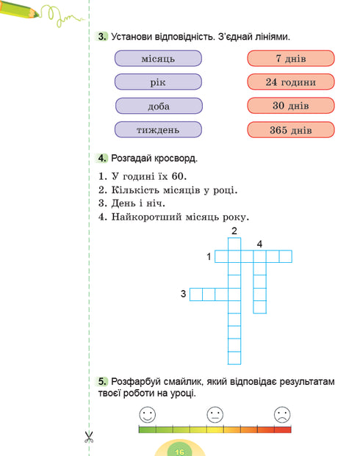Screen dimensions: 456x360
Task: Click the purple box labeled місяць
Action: point(159,58)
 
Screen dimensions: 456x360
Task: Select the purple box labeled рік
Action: point(159,82)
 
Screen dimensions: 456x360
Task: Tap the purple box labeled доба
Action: point(159,106)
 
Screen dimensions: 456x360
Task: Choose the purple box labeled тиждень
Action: point(159,130)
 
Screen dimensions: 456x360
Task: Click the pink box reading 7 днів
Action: point(291,58)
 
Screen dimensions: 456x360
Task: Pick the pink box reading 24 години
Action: point(291,82)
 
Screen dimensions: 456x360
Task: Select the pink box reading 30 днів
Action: point(291,106)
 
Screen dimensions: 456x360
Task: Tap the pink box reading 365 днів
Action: point(291,130)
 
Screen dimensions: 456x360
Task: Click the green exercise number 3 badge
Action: point(102,37)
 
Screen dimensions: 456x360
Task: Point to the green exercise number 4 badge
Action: point(102,158)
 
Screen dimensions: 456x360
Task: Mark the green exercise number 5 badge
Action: point(102,381)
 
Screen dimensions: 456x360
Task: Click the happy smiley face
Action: point(148,415)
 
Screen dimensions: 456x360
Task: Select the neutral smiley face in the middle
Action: point(215,415)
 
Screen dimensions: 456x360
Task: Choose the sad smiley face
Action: point(281,415)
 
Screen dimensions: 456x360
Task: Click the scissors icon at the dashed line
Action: point(89,438)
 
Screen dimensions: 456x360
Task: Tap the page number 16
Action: point(180,450)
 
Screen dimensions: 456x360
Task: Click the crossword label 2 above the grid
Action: point(234,232)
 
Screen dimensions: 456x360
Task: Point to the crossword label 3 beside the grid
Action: point(183,294)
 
